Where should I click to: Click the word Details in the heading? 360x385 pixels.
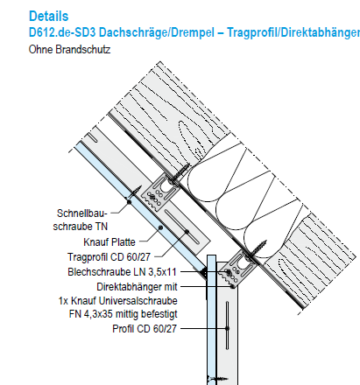pyautogui.click(x=49, y=16)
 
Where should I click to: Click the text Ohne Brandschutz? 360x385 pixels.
pyautogui.click(x=69, y=50)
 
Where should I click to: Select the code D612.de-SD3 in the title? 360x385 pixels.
pyautogui.click(x=62, y=32)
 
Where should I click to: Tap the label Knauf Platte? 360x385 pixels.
pyautogui.click(x=109, y=242)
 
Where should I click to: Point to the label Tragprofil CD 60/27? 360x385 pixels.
pyautogui.click(x=109, y=257)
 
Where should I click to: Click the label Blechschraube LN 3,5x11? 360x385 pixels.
pyautogui.click(x=122, y=272)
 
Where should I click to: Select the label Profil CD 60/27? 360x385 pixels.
pyautogui.click(x=145, y=329)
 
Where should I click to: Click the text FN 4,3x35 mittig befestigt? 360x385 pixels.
pyautogui.click(x=124, y=314)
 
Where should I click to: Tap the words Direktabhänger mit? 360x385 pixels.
pyautogui.click(x=137, y=287)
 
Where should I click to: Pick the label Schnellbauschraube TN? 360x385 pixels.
pyautogui.click(x=81, y=220)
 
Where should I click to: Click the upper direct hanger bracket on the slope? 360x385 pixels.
pyautogui.click(x=159, y=192)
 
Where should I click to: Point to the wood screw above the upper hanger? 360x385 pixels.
pyautogui.click(x=180, y=173)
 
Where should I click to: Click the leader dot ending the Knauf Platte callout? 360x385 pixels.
pyautogui.click(x=160, y=227)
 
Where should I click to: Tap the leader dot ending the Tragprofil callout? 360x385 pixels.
pyautogui.click(x=187, y=232)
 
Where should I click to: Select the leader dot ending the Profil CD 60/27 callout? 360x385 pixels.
pyautogui.click(x=227, y=328)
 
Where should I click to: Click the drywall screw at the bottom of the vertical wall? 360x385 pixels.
pyautogui.click(x=217, y=379)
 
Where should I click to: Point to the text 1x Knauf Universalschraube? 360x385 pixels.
pyautogui.click(x=118, y=301)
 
